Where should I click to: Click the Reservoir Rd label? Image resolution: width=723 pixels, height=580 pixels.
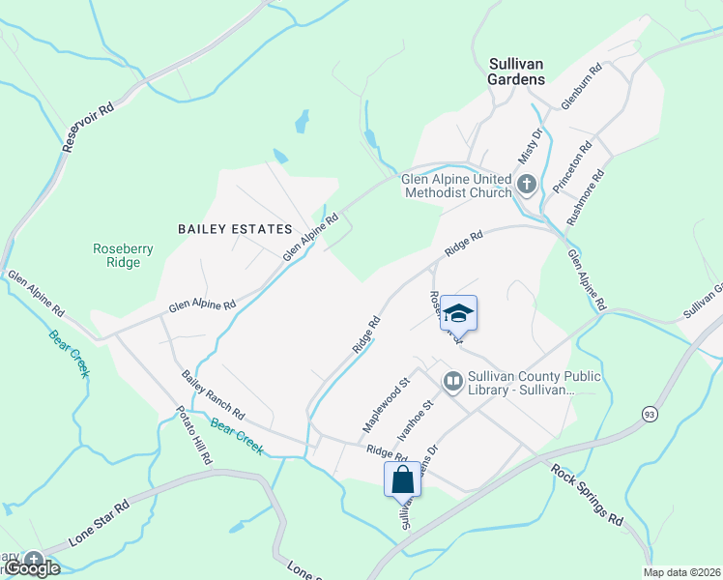tap(88, 126)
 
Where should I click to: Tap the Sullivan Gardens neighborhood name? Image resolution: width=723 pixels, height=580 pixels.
tap(516, 72)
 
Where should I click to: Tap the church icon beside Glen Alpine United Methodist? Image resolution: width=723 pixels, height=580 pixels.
tap(527, 185)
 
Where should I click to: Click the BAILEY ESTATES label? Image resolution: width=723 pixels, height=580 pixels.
tap(235, 229)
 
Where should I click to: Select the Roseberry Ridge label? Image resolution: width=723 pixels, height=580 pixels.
tap(123, 255)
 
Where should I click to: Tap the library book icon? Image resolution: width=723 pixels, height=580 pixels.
tap(452, 383)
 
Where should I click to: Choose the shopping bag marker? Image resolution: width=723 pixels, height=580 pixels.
tap(402, 479)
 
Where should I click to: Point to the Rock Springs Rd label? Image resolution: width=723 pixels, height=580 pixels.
tap(587, 495)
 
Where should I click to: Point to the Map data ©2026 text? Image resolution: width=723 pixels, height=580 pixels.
tap(681, 572)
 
